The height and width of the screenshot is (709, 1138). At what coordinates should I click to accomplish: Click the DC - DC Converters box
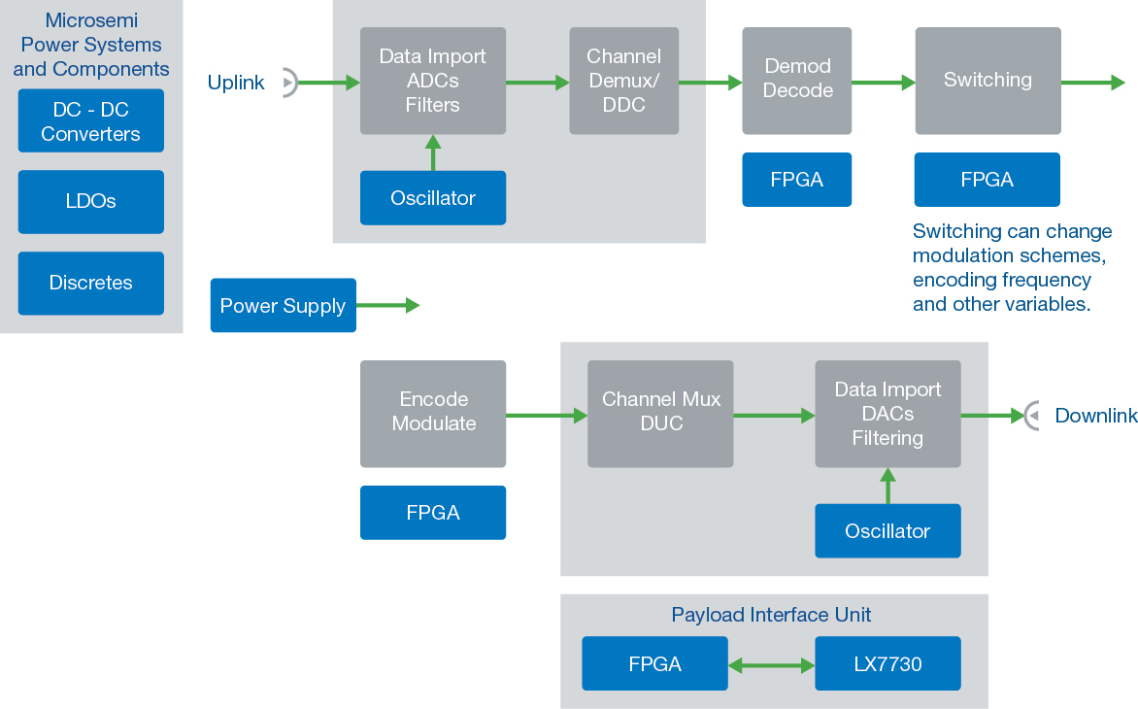pos(90,121)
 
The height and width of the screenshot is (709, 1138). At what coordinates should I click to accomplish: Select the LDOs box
pos(90,202)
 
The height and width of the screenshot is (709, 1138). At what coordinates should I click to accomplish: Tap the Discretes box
pos(90,284)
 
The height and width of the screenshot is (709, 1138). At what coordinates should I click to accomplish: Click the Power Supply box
pos(283,306)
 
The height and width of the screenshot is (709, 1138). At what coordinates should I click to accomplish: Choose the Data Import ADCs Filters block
pos(433,81)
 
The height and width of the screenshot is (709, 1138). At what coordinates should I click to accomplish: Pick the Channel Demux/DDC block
pos(623,81)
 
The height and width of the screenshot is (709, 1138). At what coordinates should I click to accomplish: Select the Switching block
pos(987,81)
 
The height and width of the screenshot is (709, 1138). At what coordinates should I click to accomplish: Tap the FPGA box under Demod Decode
pos(797,180)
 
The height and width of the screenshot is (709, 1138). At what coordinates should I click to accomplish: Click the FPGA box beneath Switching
pos(987,180)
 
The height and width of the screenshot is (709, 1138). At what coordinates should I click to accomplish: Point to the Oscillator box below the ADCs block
pos(433,198)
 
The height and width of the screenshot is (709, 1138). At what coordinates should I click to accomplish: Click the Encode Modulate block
pos(433,413)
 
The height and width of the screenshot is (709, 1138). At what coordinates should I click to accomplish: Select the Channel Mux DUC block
pos(660,413)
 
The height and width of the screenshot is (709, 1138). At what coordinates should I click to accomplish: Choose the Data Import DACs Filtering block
pos(887,413)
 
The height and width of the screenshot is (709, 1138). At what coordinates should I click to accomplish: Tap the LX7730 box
pos(887,664)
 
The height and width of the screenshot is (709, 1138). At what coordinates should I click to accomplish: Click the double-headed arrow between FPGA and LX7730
pos(771,665)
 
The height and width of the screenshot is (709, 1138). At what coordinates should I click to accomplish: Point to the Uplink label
pos(236,84)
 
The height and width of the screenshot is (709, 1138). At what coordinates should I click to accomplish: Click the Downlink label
pos(1096,416)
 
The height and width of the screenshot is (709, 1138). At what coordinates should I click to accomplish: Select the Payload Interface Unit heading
pos(771,615)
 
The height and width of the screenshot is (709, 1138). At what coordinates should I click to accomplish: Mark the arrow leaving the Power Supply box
pos(387,306)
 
